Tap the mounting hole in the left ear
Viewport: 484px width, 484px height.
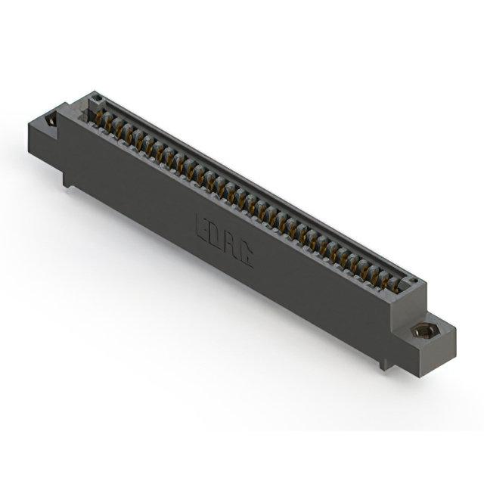[x=51, y=120]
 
